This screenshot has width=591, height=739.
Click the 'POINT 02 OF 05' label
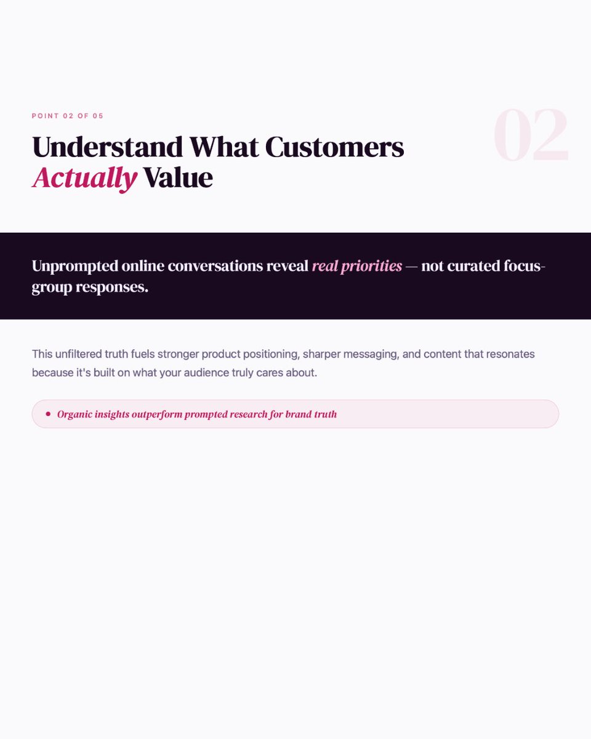(68, 116)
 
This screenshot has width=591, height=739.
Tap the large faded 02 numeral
(531, 137)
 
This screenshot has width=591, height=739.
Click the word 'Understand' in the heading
(108, 148)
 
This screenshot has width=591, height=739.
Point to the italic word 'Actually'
(84, 178)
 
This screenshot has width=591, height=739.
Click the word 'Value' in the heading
(178, 178)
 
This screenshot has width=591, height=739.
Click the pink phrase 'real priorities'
(357, 266)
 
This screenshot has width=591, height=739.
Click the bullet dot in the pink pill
(48, 414)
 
